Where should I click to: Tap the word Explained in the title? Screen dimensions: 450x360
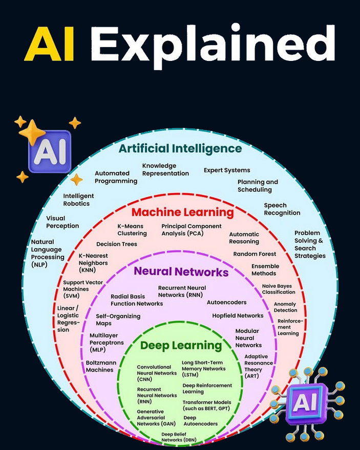pos(213,44)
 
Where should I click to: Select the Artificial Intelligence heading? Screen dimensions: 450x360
pos(180,148)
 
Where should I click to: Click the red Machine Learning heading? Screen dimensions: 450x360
pos(182,211)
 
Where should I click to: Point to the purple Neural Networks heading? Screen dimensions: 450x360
pos(181,271)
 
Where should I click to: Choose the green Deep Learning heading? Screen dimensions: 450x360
pos(181,345)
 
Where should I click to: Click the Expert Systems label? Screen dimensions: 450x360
pos(227,170)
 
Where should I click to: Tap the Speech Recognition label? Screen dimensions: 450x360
pos(282,209)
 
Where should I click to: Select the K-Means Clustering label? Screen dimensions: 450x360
pos(132,229)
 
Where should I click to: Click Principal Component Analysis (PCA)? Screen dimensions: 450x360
pos(192,229)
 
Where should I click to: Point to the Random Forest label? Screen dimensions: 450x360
pos(255,254)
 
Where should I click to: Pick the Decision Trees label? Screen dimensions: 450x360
pos(117,244)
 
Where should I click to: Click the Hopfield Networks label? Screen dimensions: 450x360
pos(238,315)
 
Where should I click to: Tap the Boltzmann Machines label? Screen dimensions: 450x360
pos(101,366)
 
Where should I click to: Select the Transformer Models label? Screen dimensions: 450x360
pos(207,405)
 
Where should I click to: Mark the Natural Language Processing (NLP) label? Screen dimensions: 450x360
pos(48,253)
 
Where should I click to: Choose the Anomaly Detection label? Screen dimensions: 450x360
pos(285,307)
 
